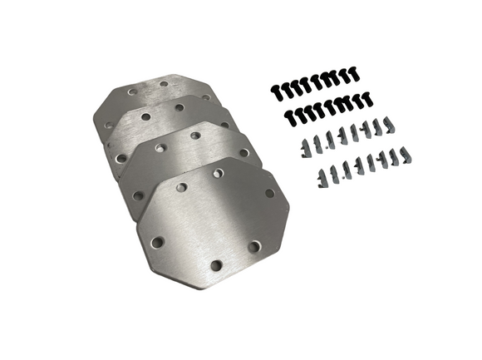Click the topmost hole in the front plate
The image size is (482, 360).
point(219,174)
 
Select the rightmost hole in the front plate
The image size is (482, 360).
point(269,193)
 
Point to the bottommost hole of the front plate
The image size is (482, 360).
point(216,266)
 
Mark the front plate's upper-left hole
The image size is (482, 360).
point(181,188)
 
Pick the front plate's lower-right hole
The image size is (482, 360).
point(255,246)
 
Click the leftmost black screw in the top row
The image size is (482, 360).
point(274,86)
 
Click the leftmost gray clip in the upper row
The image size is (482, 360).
point(302,148)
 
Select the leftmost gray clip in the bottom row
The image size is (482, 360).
point(321,175)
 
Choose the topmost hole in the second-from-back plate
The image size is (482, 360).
point(179,107)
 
